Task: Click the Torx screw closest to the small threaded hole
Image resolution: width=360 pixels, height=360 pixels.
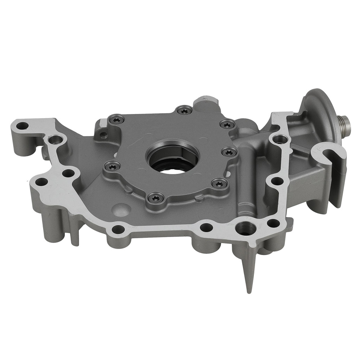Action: (117, 121)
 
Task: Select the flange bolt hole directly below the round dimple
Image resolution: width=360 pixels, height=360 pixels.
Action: (118, 229)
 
